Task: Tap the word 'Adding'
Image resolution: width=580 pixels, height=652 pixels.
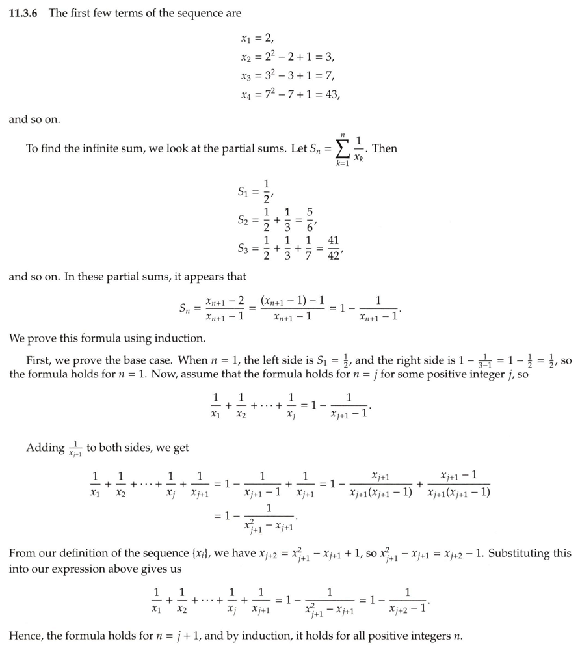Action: coord(45,448)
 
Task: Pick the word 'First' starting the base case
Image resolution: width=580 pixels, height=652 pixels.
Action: coord(38,360)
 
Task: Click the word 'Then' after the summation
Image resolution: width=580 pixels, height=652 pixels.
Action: coord(384,148)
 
